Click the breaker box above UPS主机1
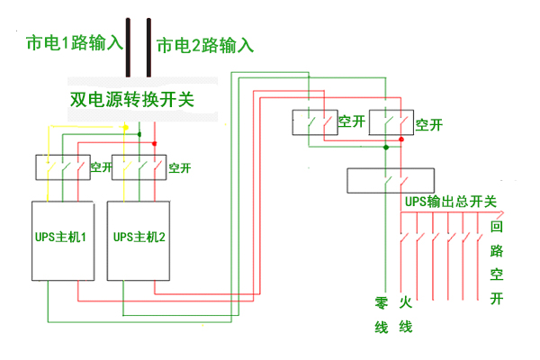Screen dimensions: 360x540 coord(61,167)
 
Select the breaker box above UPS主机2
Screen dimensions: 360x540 coord(139,167)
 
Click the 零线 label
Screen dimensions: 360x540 coord(381,314)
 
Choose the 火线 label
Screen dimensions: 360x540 coord(406,314)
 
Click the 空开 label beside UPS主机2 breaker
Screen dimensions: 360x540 coord(179,167)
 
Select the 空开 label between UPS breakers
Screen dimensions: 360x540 coord(100,167)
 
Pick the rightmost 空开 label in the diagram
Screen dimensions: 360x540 coord(429,123)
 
